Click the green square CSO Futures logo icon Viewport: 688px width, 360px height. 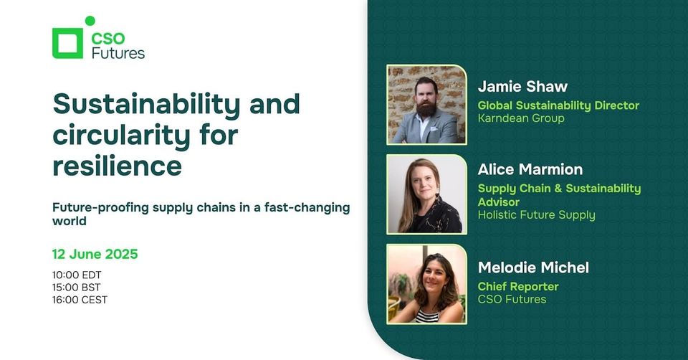coord(67,43)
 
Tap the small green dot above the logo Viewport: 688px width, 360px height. coord(90,21)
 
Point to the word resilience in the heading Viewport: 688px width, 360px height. coord(117,166)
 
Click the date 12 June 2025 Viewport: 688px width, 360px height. coord(95,254)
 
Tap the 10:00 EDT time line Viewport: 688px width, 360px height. coord(77,275)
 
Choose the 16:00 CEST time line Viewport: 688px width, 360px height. coord(80,300)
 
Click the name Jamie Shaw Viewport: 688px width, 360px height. coord(522,87)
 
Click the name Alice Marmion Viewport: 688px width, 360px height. coord(530,170)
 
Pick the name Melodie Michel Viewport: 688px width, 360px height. coord(533,267)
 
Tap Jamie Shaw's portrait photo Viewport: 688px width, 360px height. coord(426,105)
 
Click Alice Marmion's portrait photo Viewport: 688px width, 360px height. coord(426,194)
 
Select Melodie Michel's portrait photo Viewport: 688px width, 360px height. coord(426,284)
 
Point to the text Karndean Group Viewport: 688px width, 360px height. coord(521,118)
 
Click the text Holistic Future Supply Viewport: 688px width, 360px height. coord(536,214)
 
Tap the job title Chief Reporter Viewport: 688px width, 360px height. coord(518,286)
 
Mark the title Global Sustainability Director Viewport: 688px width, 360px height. coord(558,105)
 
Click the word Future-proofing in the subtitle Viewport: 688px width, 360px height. coord(93,207)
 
